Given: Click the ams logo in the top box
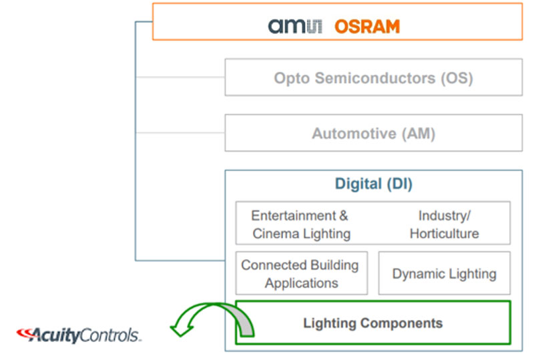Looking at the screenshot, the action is [x=295, y=26].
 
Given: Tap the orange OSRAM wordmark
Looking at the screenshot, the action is [x=367, y=27].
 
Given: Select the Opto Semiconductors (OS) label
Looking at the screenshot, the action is [x=374, y=78].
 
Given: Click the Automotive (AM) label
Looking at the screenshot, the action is [x=374, y=134].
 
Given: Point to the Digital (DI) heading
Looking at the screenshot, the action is [x=374, y=184].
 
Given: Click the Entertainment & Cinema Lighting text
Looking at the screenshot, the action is [x=300, y=224].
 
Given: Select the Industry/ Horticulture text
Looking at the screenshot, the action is [x=444, y=224].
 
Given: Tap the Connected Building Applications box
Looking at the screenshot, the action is [x=302, y=273].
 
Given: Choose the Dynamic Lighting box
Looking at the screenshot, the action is [x=444, y=273].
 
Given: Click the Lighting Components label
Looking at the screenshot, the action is [x=373, y=323].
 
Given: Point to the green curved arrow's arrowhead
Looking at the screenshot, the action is [x=182, y=330].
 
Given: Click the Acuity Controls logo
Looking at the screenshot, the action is [x=79, y=335].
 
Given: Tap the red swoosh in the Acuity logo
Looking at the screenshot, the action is [x=25, y=334].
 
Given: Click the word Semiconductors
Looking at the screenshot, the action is [x=375, y=78].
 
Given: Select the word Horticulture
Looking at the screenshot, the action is [x=444, y=234].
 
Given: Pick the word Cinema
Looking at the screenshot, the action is [x=276, y=234].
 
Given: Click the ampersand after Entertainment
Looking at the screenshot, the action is [x=344, y=216].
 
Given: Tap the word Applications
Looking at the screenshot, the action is [x=302, y=283].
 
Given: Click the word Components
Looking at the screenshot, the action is [x=402, y=323].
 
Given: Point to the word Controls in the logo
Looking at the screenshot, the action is [x=110, y=335].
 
